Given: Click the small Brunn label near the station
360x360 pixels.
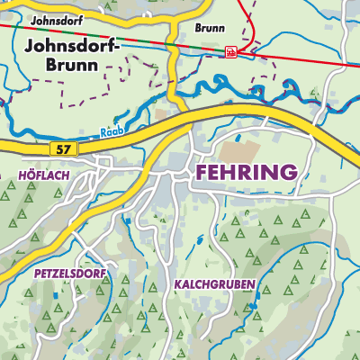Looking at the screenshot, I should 209,28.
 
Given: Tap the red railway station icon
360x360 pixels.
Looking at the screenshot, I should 230,52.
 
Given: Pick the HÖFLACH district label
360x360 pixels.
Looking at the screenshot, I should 43,175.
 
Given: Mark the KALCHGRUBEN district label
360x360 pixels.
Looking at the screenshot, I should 214,284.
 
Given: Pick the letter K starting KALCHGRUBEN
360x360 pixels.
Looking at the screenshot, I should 176,284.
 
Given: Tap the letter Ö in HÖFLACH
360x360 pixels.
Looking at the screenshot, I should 30,175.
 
